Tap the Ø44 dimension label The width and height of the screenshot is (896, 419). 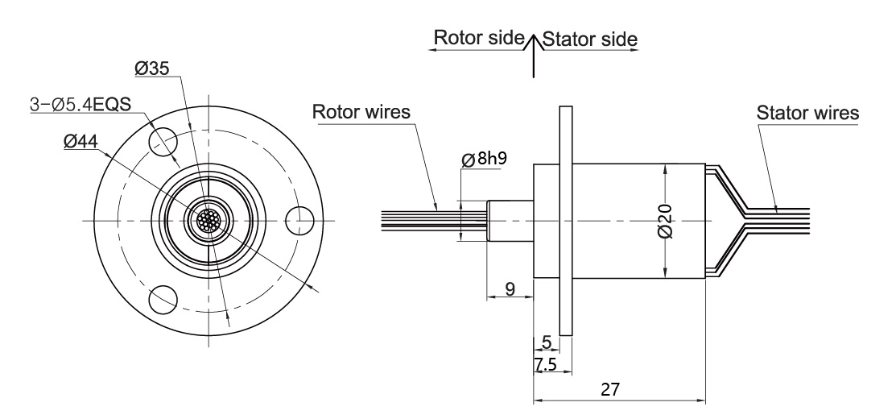[x=81, y=143]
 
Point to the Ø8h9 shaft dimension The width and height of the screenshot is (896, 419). [x=485, y=159]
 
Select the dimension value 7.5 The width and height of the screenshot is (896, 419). [x=547, y=365]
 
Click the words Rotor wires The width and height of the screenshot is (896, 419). [x=361, y=111]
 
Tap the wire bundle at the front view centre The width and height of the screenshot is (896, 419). [x=209, y=220]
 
